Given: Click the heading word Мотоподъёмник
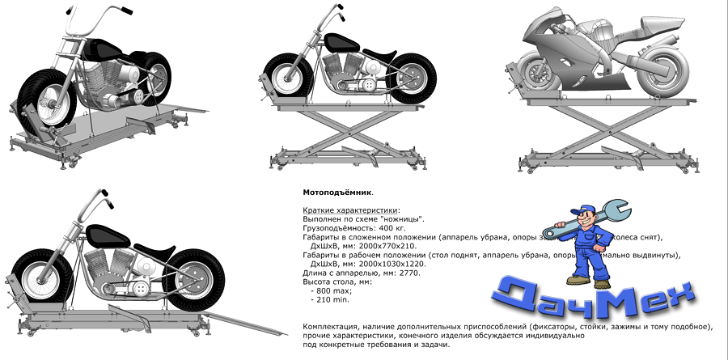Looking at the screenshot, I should pos(336,194).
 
